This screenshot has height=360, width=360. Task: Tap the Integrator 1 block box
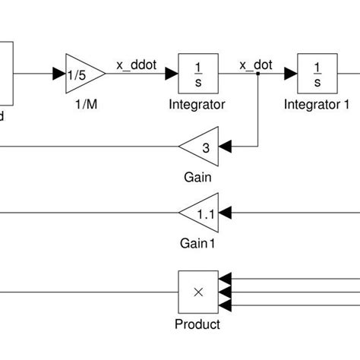click(317, 74)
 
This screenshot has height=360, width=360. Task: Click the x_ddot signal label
click(136, 65)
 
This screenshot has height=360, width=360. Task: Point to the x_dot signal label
click(256, 65)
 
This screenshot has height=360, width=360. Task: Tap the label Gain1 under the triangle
click(197, 244)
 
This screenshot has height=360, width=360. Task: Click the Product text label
click(197, 324)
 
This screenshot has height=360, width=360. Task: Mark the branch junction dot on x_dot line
click(258, 74)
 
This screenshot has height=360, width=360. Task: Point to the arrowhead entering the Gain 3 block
click(226, 144)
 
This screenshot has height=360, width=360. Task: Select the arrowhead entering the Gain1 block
click(226, 213)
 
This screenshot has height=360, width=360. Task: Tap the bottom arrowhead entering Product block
click(224, 305)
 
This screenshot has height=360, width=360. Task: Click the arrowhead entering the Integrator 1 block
click(291, 74)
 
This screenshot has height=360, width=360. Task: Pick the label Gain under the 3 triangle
click(197, 177)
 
